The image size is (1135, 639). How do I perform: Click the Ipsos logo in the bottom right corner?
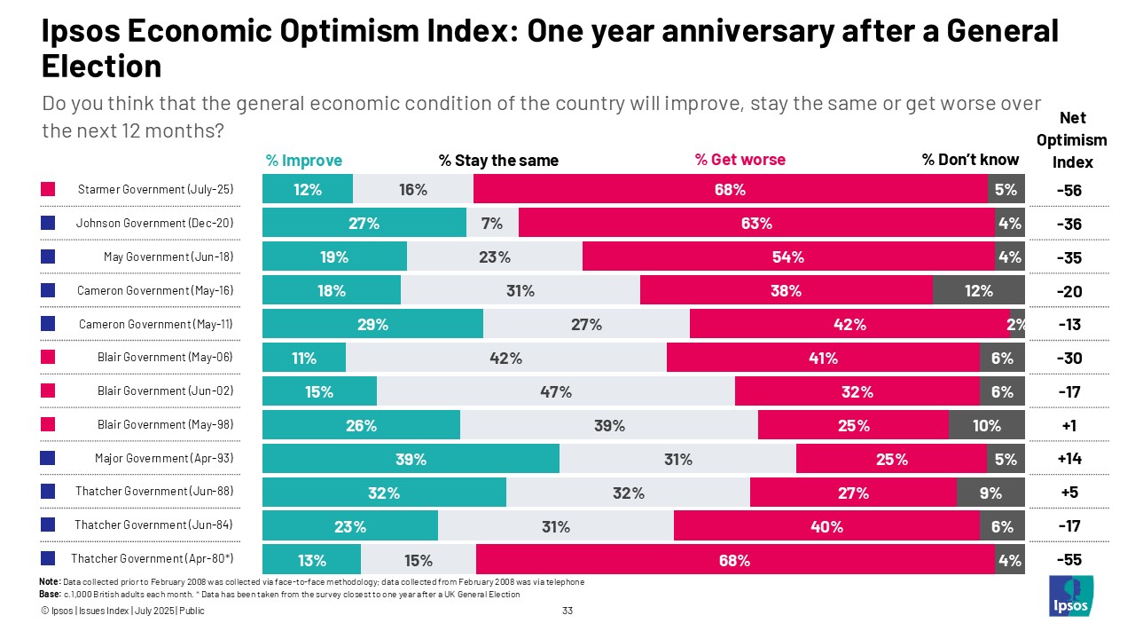(x=1071, y=596)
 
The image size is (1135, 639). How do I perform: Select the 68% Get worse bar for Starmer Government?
(x=731, y=190)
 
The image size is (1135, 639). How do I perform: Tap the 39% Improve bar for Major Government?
(x=411, y=459)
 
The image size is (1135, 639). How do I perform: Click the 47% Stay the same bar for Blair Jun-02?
(x=556, y=392)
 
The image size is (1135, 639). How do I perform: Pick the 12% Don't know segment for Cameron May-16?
(x=978, y=291)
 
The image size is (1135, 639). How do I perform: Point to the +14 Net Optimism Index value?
(x=1068, y=459)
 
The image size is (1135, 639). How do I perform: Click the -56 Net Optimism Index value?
(x=1068, y=190)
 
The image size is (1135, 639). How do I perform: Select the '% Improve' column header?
(x=303, y=161)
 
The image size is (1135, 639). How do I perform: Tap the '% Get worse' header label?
(x=740, y=160)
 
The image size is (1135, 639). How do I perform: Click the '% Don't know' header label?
(x=970, y=160)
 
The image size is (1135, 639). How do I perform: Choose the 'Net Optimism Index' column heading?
(x=1073, y=140)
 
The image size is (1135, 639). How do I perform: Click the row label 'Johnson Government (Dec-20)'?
(x=154, y=224)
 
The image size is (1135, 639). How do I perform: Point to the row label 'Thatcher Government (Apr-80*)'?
(x=152, y=559)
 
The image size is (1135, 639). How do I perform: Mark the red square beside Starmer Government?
(x=48, y=190)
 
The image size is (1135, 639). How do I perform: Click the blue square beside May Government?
(x=48, y=257)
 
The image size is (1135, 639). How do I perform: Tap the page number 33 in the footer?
(x=568, y=611)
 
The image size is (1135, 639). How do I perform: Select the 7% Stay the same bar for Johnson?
(x=492, y=224)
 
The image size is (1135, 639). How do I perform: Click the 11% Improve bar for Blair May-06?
(x=304, y=359)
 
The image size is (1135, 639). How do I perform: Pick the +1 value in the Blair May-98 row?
(x=1068, y=425)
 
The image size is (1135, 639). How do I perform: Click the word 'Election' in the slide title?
(x=101, y=67)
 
